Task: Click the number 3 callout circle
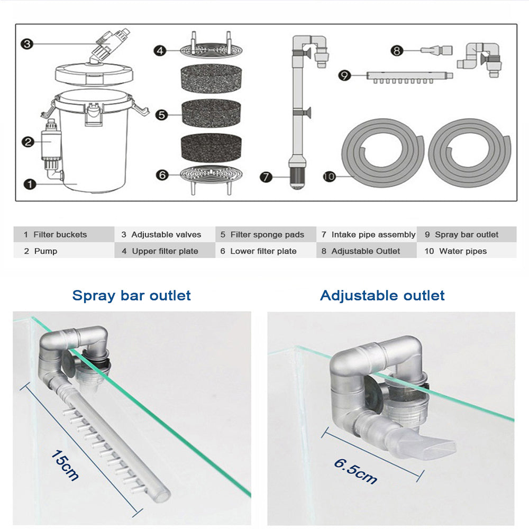point(28,44)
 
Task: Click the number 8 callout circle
point(397,51)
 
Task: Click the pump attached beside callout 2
point(51,143)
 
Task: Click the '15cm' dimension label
point(65,464)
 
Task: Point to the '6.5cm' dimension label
point(355,470)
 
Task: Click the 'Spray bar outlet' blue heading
point(131,295)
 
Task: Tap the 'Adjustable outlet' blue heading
point(382,295)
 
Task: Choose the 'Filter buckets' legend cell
point(63,234)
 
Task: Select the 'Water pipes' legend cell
point(467,251)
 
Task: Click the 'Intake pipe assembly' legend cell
point(368,234)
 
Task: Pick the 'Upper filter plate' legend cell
point(165,251)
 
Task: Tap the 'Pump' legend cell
point(63,251)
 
